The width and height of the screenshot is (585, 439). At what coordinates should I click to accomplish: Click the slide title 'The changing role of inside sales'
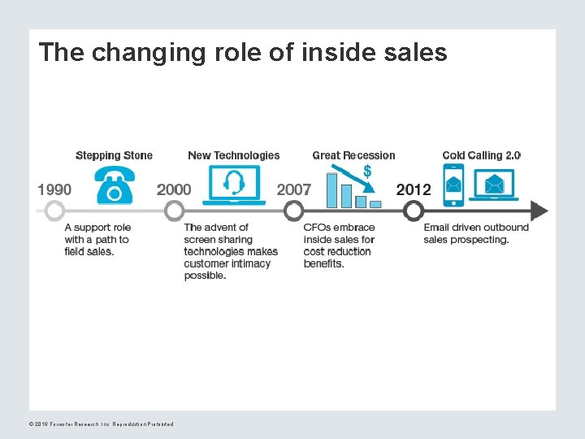click(242, 53)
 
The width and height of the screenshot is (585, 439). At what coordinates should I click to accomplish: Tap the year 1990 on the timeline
click(54, 189)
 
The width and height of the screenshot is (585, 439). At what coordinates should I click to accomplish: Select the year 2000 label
click(174, 189)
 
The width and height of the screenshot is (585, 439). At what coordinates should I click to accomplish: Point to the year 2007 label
click(294, 189)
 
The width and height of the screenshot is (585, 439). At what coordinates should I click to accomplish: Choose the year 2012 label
click(414, 189)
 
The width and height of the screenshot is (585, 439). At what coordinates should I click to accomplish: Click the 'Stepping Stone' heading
click(114, 155)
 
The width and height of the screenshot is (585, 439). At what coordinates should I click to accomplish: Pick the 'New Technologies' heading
click(233, 155)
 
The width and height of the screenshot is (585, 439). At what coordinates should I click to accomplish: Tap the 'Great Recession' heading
click(353, 155)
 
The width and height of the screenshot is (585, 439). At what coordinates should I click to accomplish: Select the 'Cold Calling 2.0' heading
click(481, 155)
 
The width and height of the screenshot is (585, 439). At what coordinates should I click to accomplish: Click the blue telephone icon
click(115, 185)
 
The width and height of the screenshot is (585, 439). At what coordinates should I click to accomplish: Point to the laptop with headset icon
click(235, 185)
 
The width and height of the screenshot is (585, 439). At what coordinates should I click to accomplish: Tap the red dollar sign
click(367, 172)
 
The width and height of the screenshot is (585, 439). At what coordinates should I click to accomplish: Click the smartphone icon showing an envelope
click(453, 185)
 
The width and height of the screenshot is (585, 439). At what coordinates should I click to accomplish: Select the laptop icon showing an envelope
click(493, 185)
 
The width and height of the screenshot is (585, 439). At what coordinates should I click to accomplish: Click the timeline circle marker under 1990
click(54, 211)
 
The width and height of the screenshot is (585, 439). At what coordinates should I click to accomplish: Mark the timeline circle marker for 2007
click(294, 211)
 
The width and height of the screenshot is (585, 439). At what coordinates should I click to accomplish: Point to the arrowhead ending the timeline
click(539, 211)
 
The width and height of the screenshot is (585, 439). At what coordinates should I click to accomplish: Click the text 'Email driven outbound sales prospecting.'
click(476, 233)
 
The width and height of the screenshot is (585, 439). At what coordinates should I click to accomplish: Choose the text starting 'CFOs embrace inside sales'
click(339, 246)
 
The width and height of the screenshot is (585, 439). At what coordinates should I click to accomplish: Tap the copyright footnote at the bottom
click(101, 424)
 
